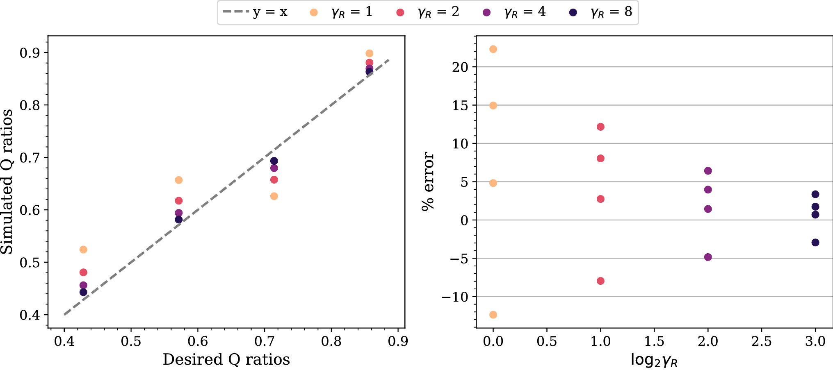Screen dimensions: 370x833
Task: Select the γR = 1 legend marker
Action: [314, 13]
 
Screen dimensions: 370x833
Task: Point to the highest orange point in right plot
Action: [493, 49]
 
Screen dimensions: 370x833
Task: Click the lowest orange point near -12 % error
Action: [493, 315]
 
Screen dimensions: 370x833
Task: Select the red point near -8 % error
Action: [600, 281]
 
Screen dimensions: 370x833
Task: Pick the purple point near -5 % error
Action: [708, 257]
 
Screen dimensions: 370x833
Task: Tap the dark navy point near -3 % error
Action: [815, 243]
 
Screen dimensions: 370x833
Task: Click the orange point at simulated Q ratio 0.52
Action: [83, 250]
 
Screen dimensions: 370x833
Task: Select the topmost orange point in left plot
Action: [369, 53]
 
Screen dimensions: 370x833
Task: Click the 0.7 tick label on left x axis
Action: [265, 341]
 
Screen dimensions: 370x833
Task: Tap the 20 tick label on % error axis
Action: [460, 67]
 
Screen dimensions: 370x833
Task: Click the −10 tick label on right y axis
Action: [455, 297]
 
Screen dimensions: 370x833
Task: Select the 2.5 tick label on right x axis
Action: [762, 341]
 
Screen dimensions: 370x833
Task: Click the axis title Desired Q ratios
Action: [226, 359]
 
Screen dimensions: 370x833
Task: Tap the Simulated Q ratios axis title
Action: [7, 182]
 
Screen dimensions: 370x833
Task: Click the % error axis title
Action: [428, 182]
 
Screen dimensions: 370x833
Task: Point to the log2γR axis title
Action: [654, 360]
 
